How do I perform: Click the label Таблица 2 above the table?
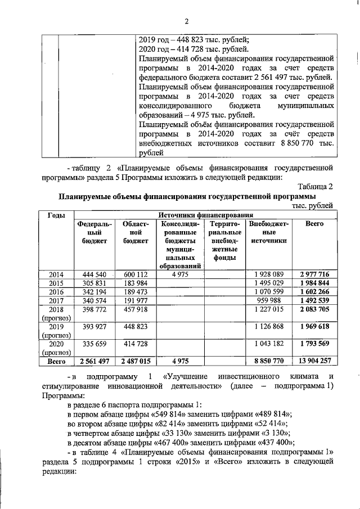[x=316, y=186]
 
